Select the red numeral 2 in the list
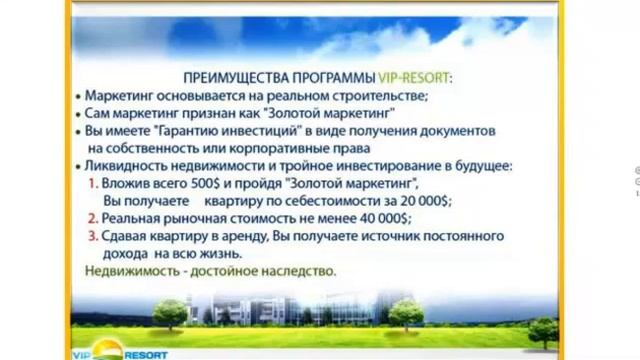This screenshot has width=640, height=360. pos(93,218)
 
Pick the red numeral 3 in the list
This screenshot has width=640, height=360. pos(93,236)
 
